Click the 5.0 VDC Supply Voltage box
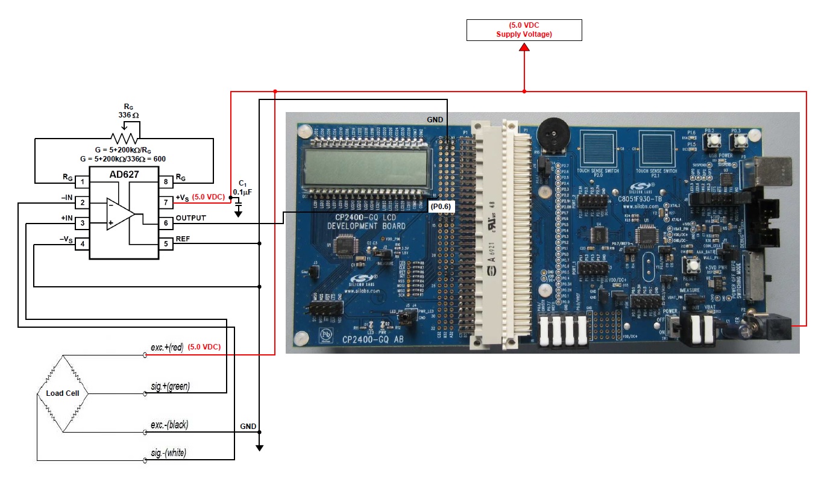coord(524,30)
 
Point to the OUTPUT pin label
coord(190,218)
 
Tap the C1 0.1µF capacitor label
coord(242,187)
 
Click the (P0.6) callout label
coord(441,206)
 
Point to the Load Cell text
coord(63,393)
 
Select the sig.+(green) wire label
coord(171,386)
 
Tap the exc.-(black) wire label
coord(169,425)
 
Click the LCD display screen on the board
coord(366,169)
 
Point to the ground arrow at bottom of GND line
coord(259,446)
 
